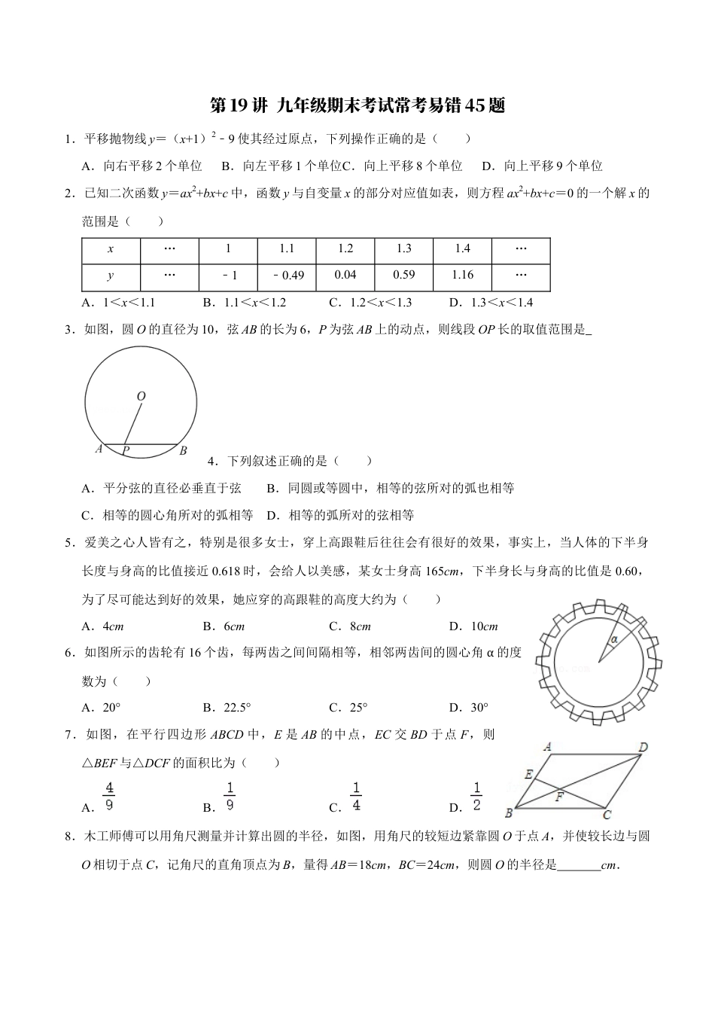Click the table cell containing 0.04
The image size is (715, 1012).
[345, 275]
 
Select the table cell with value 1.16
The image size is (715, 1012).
[463, 275]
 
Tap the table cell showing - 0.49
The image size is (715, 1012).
[287, 276]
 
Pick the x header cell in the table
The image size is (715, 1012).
[111, 249]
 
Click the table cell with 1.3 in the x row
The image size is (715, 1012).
[404, 249]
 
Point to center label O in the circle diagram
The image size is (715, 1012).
[141, 396]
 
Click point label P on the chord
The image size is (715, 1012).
[126, 451]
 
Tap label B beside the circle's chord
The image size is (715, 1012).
[183, 451]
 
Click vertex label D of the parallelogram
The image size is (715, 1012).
[643, 748]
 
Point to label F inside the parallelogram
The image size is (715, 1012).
[560, 795]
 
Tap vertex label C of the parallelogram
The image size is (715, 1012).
[607, 814]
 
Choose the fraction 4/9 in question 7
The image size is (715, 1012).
[109, 797]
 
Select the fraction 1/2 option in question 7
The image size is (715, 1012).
[476, 797]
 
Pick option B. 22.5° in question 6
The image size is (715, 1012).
[227, 707]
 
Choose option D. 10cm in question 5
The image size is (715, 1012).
[473, 626]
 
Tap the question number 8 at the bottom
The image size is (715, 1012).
[68, 836]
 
